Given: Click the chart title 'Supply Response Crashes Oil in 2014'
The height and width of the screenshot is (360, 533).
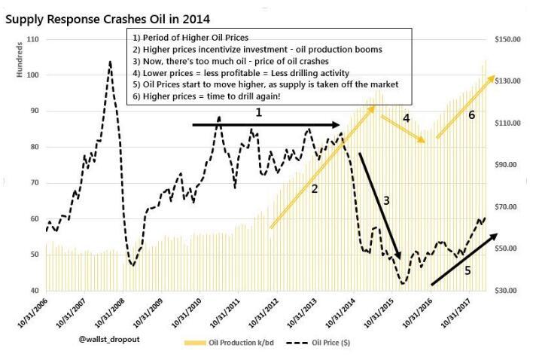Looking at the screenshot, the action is pyautogui.click(x=108, y=19).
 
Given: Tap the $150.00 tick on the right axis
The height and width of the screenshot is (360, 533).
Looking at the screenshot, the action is pyautogui.click(x=507, y=39).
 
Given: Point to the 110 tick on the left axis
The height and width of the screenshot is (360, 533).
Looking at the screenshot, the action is pyautogui.click(x=32, y=39).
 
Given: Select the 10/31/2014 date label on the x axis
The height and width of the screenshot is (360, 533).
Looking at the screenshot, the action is pyautogui.click(x=340, y=313).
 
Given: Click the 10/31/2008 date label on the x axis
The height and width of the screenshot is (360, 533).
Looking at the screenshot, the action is pyautogui.click(x=109, y=313).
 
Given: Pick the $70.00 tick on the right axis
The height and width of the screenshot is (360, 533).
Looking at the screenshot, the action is pyautogui.click(x=505, y=207).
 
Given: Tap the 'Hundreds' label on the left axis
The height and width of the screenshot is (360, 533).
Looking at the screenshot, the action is pyautogui.click(x=20, y=59).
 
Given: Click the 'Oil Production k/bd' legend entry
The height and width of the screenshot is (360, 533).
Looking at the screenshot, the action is pyautogui.click(x=229, y=343).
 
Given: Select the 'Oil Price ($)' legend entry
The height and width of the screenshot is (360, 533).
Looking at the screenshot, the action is pyautogui.click(x=318, y=343).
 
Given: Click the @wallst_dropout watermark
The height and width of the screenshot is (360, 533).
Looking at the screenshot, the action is pyautogui.click(x=109, y=339).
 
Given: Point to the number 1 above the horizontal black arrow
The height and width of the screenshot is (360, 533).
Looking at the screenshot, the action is pyautogui.click(x=259, y=112).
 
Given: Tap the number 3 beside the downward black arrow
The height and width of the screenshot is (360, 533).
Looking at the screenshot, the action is pyautogui.click(x=386, y=200).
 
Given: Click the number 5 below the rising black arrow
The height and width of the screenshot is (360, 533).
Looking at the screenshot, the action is pyautogui.click(x=468, y=270).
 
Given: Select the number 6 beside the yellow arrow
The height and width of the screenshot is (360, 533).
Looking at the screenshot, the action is pyautogui.click(x=471, y=115).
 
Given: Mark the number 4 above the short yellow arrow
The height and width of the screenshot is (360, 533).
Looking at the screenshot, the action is pyautogui.click(x=407, y=118).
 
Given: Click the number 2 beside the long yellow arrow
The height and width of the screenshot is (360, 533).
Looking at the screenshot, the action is pyautogui.click(x=315, y=189).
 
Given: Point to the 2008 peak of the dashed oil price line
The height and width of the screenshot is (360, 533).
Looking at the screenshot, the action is pyautogui.click(x=110, y=62).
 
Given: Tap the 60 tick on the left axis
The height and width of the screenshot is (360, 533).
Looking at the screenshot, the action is pyautogui.click(x=35, y=219).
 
